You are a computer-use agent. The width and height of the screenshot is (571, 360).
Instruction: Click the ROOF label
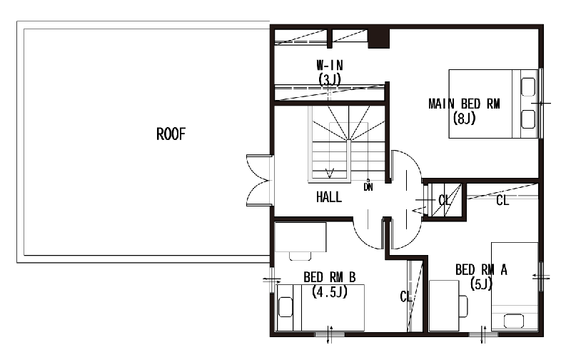pos(171,134)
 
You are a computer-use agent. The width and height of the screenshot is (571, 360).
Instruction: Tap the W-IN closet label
pos(330,66)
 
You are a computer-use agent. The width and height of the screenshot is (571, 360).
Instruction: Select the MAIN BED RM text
pos(465,104)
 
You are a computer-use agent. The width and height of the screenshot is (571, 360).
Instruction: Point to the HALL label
pos(329,197)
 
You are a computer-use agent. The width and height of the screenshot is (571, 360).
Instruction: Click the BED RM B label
pos(330,277)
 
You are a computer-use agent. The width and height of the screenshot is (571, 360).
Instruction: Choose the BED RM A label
pos(481,269)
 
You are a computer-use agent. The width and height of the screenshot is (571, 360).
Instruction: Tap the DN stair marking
pos(368,187)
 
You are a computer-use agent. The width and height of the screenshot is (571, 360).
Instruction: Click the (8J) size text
pos(465,118)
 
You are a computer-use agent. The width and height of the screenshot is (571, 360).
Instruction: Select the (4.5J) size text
pos(330,291)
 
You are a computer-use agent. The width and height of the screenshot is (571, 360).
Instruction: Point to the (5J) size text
pos(481,284)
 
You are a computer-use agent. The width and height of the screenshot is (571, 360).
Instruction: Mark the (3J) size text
pos(330,79)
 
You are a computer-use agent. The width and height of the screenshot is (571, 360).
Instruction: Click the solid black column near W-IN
pos(379,39)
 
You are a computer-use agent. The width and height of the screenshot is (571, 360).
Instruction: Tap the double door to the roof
pos(259,181)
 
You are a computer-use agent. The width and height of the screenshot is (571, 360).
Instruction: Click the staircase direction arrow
pos(330,173)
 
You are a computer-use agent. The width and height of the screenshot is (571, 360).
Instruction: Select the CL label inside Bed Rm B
pos(405,296)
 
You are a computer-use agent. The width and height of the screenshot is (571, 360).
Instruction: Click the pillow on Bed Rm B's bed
pos(285,307)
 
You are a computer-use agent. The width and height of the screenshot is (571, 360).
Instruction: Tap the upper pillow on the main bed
pos(528,86)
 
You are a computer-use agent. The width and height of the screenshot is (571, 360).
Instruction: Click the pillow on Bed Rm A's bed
pos(514,321)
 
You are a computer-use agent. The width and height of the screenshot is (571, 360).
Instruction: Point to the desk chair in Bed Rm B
pos(300,256)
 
